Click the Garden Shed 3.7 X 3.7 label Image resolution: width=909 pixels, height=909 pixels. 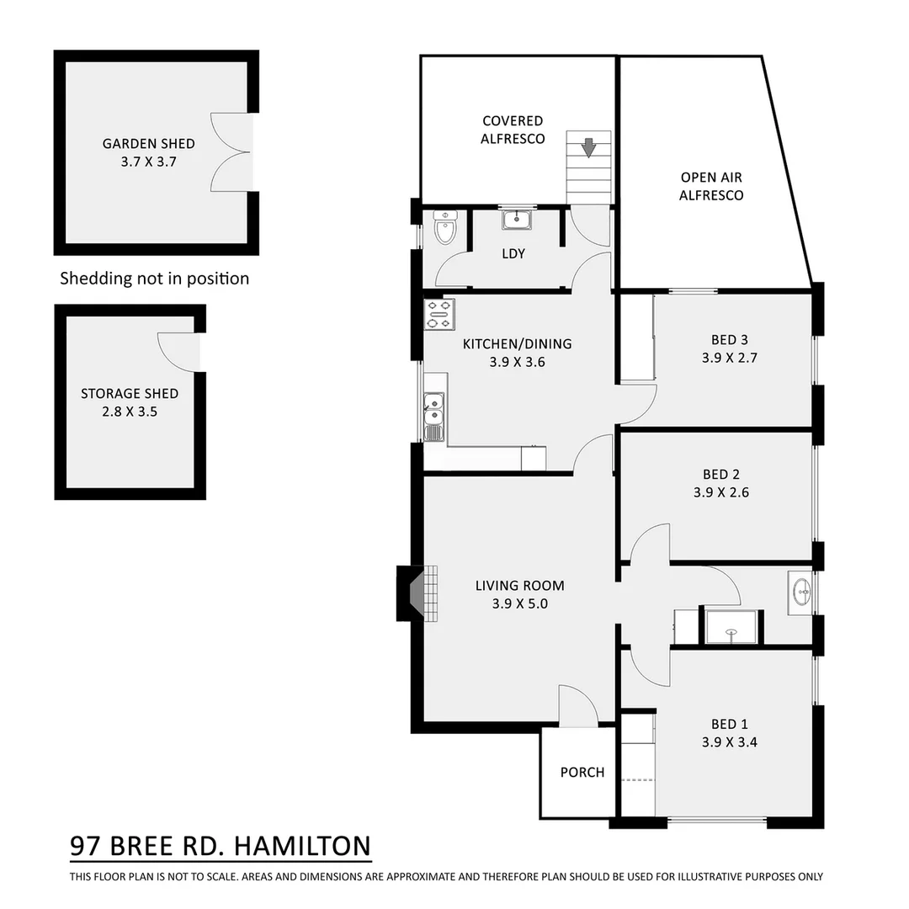point(149,153)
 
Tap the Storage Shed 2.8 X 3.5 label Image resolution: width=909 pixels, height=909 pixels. point(130,402)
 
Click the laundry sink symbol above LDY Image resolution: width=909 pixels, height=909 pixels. point(517,221)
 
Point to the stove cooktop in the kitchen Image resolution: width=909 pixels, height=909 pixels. point(439,314)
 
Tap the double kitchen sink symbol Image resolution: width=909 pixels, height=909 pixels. point(434,417)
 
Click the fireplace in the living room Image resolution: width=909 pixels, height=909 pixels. point(419,593)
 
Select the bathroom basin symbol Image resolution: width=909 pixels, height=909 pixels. point(800,593)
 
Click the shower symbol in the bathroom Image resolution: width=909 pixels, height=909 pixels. point(731,627)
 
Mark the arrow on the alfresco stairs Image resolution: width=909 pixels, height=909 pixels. point(588,147)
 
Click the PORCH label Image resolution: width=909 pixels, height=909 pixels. point(582,772)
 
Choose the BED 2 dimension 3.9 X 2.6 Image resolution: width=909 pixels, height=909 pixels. point(721,492)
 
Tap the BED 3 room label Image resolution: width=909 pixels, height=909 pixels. point(730,340)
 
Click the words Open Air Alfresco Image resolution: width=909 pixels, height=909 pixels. point(711,186)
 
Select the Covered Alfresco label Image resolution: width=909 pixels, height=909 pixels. point(513,130)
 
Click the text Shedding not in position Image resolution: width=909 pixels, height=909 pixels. point(155,278)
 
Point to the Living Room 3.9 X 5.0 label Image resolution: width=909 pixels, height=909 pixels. point(519,594)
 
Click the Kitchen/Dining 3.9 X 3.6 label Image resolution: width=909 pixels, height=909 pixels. point(518,353)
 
